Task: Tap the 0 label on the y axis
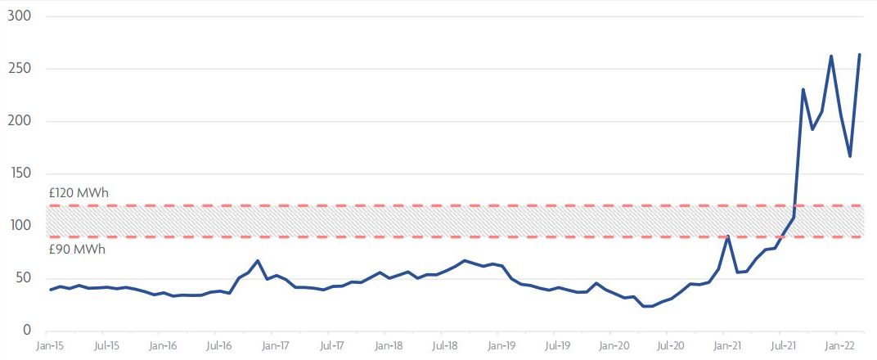(25, 330)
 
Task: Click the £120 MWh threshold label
(79, 193)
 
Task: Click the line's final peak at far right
(859, 55)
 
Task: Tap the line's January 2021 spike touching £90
(728, 236)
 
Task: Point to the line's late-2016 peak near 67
(258, 261)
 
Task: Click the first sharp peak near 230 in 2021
(803, 89)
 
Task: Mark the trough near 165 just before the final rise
(850, 156)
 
